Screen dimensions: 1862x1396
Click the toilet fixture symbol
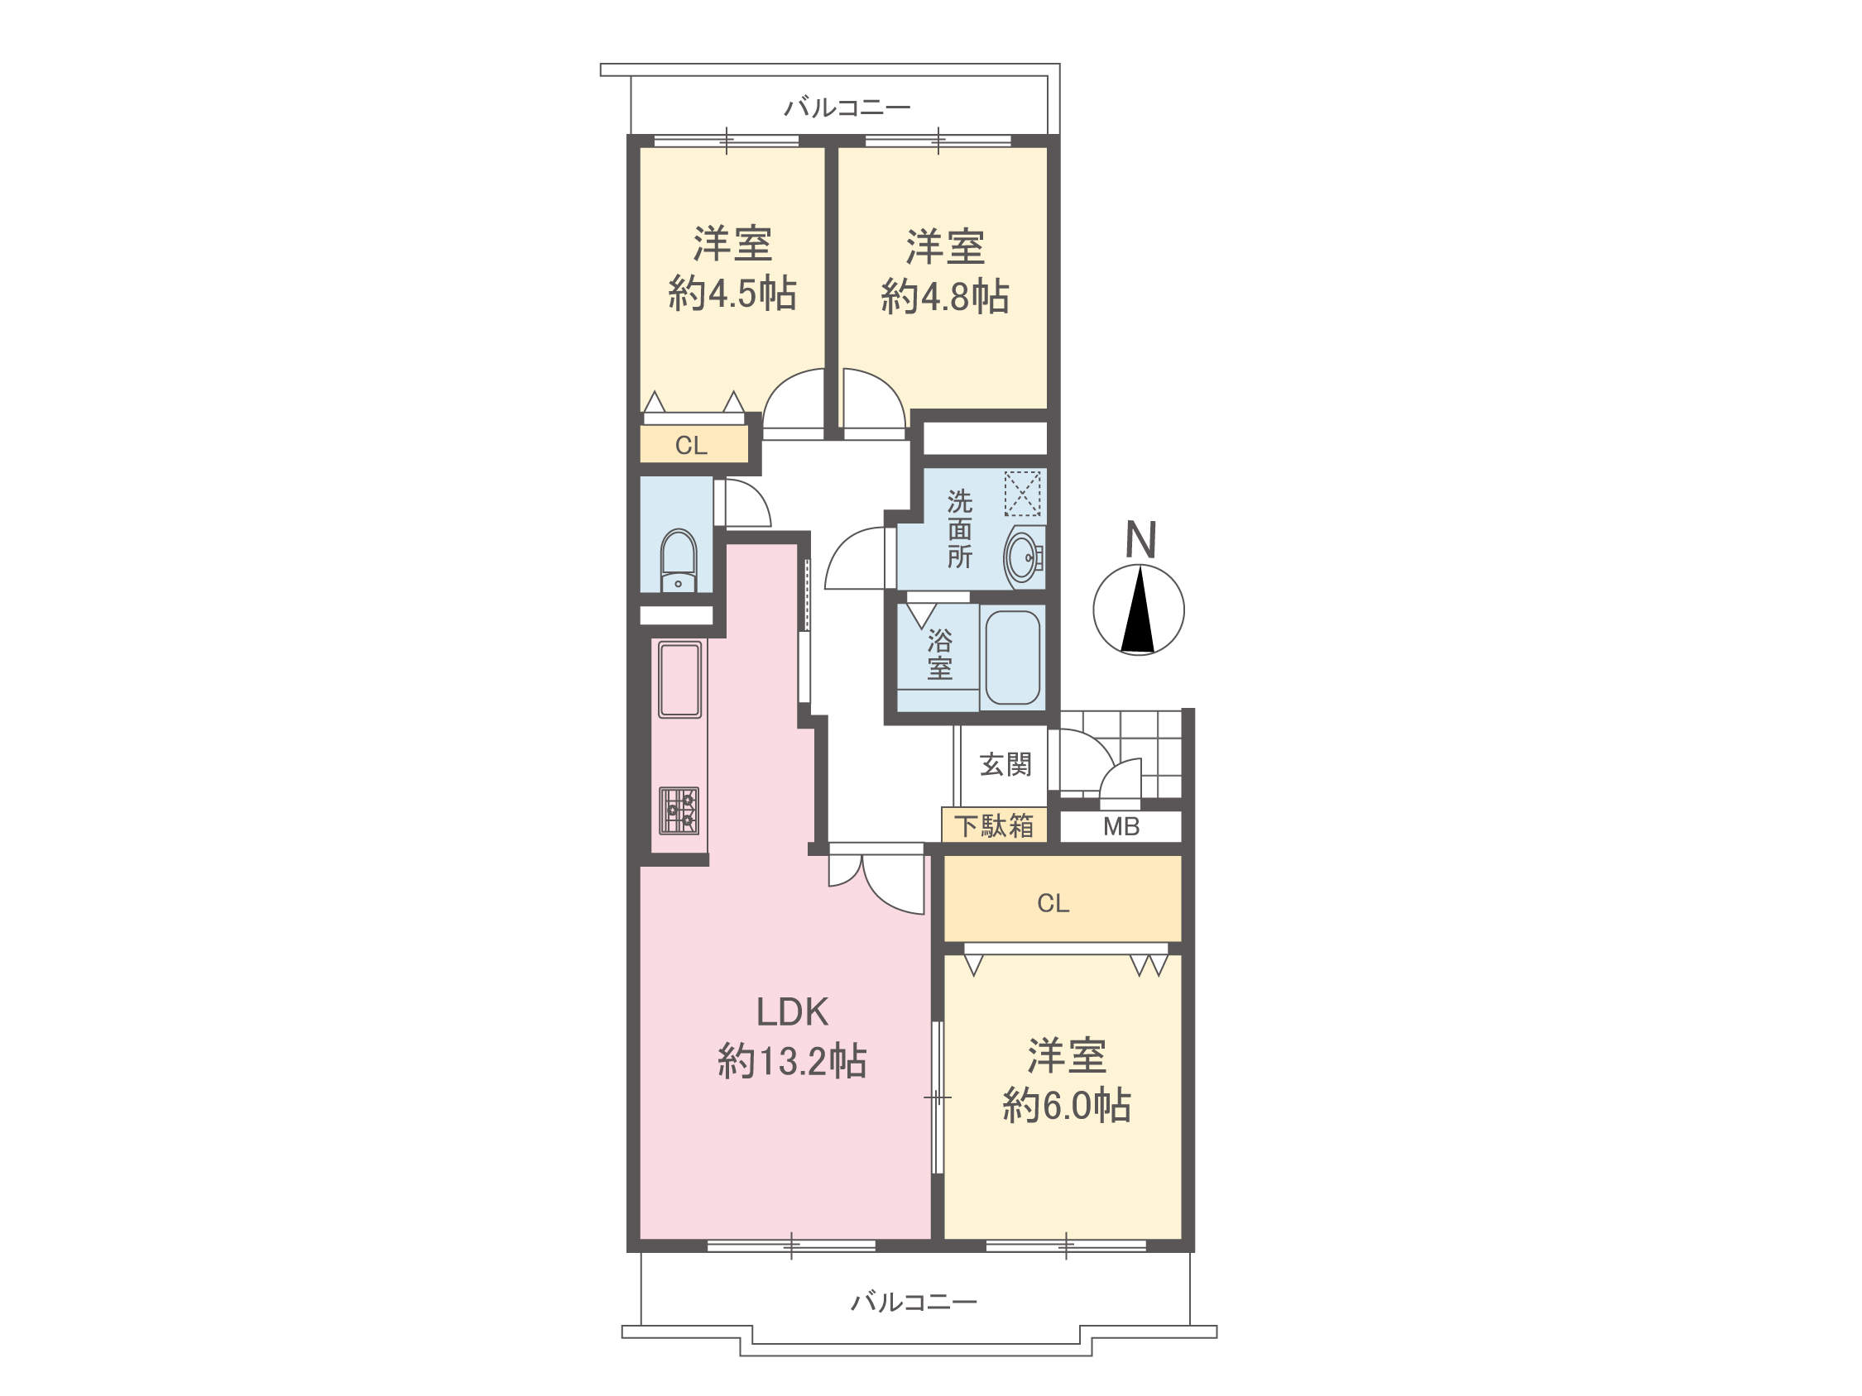pos(679,561)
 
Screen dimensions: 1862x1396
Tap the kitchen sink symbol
pos(679,680)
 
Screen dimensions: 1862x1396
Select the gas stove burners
pos(679,810)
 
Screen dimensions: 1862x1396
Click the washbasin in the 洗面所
pos(1025,557)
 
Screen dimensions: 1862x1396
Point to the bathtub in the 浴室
pos(1013,657)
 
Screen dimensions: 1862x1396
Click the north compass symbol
pos(1138,610)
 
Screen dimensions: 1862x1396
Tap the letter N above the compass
pos(1140,539)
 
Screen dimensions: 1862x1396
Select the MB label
pos(1121,826)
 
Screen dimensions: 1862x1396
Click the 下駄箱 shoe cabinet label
pos(993,825)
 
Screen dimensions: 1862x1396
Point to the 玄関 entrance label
pos(1005,764)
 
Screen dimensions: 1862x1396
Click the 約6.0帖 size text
pos(1067,1105)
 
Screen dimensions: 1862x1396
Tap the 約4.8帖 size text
pos(945,297)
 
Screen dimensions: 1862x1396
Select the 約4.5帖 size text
pos(732,294)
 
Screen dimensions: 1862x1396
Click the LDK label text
pos(792,1012)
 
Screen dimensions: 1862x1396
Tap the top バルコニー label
pos(847,108)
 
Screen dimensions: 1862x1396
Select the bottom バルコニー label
pos(914,1303)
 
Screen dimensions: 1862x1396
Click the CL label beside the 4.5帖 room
pos(691,445)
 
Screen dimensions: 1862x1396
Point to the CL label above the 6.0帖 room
pos(1053,903)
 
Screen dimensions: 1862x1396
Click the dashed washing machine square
pos(1023,493)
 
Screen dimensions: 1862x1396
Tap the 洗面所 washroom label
pos(960,529)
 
